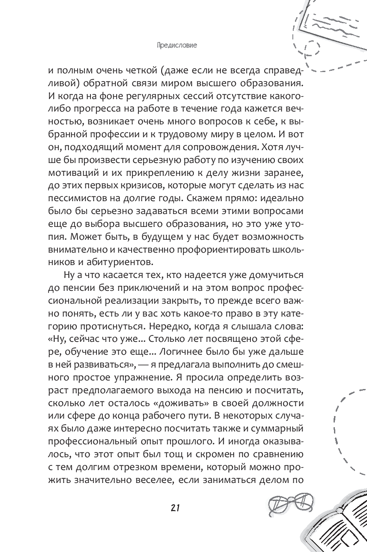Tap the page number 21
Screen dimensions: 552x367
(x=174, y=507)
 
